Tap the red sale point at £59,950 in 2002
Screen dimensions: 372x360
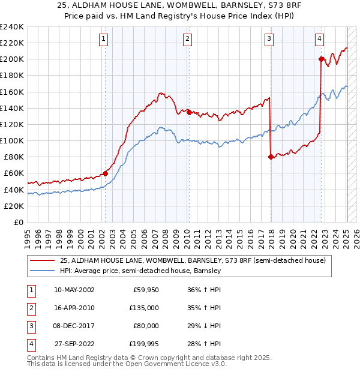(105, 173)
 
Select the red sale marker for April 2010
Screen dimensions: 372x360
(188, 112)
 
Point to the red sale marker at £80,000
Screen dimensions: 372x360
(271, 157)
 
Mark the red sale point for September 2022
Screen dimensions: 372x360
(322, 59)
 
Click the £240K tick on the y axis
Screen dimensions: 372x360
(12, 26)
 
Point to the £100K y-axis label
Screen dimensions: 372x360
(12, 140)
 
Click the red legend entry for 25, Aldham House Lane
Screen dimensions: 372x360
(192, 260)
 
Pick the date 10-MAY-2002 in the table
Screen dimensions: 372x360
(74, 290)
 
